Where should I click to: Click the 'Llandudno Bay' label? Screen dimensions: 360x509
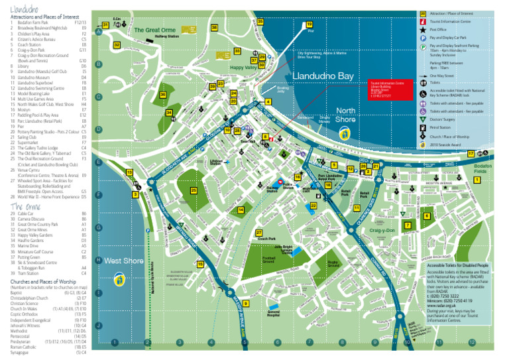click(323, 76)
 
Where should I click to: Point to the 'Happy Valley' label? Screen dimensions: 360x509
click(242, 68)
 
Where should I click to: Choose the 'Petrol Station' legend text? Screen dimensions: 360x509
click(441, 126)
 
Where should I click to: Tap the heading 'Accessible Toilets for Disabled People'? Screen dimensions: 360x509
click(455, 265)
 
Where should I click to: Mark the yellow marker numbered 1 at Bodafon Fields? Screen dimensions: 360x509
click(477, 180)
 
